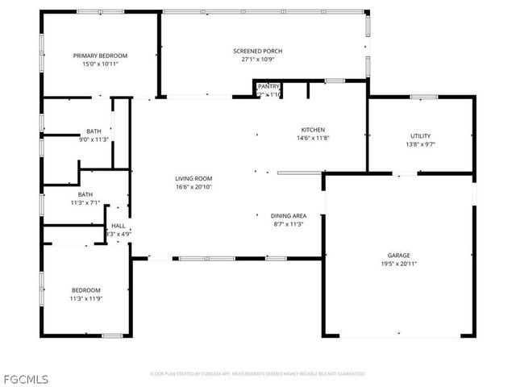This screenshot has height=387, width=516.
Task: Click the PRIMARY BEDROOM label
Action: [x=101, y=56]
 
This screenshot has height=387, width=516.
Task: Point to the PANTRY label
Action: [x=268, y=87]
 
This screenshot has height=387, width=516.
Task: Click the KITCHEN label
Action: [x=313, y=130]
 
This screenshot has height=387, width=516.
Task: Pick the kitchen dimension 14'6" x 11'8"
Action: [x=313, y=138]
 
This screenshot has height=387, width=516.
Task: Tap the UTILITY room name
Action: [x=420, y=136]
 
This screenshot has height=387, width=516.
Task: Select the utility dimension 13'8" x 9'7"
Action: [x=420, y=145]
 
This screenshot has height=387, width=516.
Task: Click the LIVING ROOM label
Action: [x=193, y=178]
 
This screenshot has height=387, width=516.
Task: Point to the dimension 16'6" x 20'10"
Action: [x=193, y=187]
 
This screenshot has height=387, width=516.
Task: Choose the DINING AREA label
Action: [x=288, y=216]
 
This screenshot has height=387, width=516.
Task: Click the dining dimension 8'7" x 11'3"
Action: [x=288, y=225]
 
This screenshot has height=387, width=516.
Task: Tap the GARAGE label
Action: [x=398, y=255]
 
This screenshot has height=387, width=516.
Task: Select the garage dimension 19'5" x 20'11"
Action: [x=398, y=264]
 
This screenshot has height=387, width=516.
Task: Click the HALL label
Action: [x=119, y=226]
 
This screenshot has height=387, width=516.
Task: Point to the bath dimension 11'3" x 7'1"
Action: [x=85, y=203]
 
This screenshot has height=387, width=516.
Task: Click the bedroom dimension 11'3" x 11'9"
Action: [x=85, y=299]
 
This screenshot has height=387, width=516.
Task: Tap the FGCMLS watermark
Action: [x=25, y=377]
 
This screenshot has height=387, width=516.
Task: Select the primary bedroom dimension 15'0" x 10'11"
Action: [x=101, y=64]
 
